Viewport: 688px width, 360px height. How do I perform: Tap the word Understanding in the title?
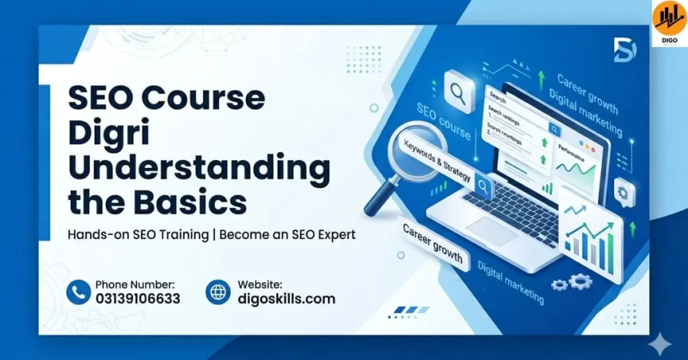tap(199, 167)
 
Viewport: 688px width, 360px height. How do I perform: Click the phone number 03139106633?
tap(138, 299)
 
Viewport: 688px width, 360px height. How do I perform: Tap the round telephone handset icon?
tap(79, 292)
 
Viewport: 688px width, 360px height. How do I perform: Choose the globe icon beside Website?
tap(218, 292)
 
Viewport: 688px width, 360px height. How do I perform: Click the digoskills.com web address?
tap(286, 299)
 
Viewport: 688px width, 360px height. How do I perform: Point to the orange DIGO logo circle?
tap(669, 19)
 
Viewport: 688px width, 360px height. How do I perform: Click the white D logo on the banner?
tap(624, 50)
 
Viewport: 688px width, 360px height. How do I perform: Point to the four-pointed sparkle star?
tap(662, 345)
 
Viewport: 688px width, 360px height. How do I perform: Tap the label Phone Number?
tap(135, 285)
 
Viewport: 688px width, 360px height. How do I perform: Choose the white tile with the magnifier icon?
tap(460, 90)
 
